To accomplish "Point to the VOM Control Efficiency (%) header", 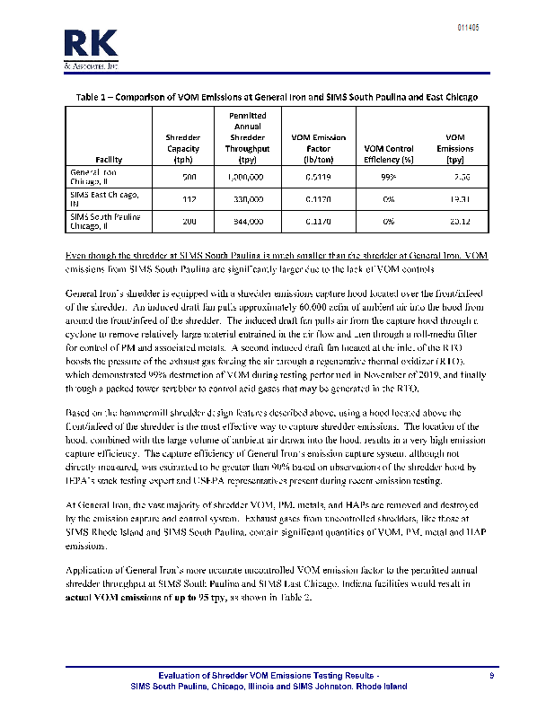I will point(389,153).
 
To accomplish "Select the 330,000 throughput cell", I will point(247,198).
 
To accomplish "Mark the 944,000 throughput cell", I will point(247,221).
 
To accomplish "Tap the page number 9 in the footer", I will point(491,675).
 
